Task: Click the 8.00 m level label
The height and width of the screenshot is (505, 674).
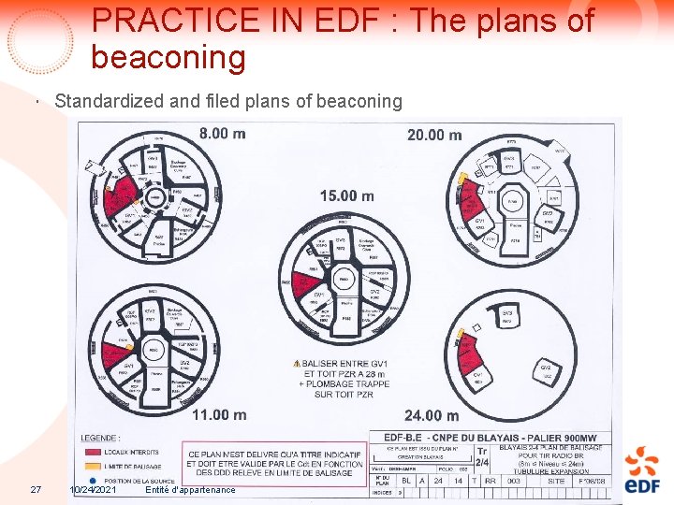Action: [223, 134]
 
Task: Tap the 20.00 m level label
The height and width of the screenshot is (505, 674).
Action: [434, 135]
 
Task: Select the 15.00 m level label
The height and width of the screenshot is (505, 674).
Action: [346, 195]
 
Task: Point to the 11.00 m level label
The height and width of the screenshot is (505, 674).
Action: [219, 414]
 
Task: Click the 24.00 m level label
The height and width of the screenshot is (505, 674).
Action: [432, 414]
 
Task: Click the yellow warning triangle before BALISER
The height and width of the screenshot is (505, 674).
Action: [297, 363]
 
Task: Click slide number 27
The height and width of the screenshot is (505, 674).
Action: [36, 490]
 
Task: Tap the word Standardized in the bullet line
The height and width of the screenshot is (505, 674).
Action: [98, 101]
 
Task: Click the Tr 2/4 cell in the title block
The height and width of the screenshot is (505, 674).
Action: [482, 456]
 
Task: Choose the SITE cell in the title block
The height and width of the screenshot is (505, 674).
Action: [581, 480]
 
